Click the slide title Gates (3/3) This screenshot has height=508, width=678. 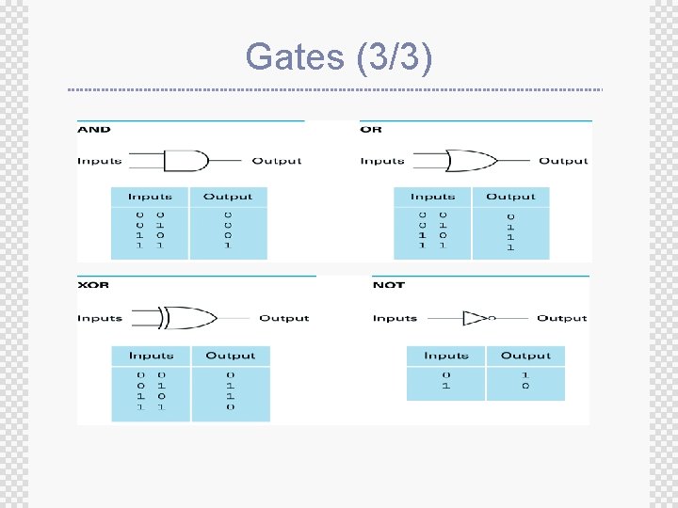point(339,58)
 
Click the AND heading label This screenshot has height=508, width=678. point(94,130)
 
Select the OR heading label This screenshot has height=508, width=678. point(371,130)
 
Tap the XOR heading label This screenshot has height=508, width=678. point(93,285)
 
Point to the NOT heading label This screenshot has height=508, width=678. point(388,285)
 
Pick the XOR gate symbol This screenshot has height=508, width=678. point(188,318)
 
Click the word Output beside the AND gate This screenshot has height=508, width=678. point(277,161)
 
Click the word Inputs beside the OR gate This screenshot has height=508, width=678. point(382,161)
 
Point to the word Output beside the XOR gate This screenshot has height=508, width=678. point(284,318)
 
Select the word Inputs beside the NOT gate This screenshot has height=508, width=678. point(395,318)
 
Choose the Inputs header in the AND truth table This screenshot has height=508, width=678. point(151,197)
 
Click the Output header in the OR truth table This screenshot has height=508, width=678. point(510,197)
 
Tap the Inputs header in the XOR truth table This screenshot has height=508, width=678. point(151,356)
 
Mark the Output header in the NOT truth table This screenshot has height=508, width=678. point(525,356)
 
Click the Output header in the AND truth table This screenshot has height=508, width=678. point(228,197)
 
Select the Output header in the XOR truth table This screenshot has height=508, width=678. point(231,356)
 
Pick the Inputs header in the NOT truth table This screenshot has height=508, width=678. point(446,356)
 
